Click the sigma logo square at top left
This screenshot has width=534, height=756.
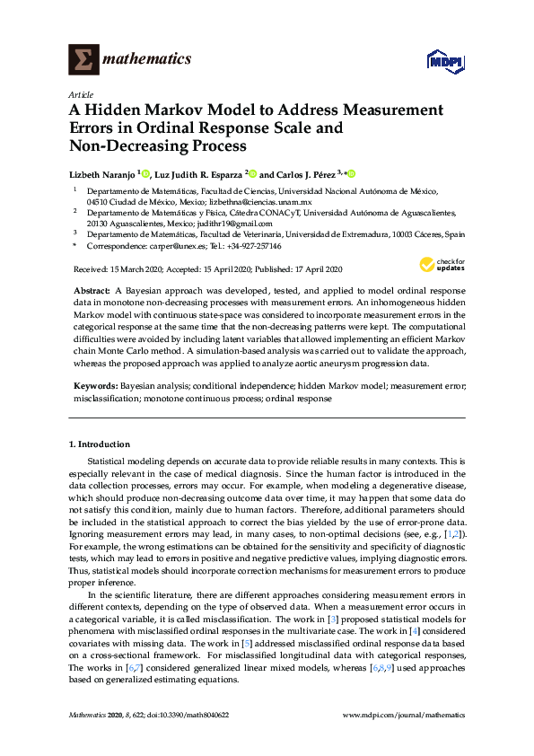83,60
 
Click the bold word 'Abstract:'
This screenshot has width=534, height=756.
90,293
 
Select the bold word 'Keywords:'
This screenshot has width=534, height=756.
93,384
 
